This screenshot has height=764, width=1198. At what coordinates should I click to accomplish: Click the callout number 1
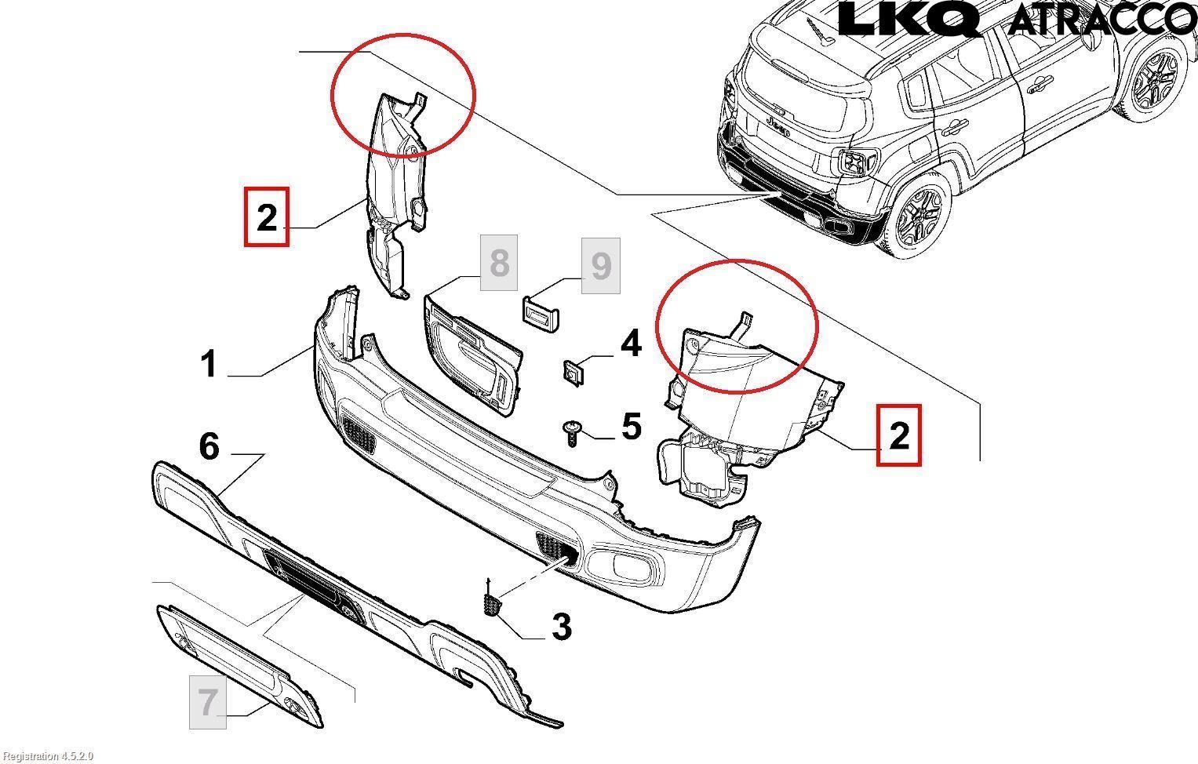[x=208, y=364]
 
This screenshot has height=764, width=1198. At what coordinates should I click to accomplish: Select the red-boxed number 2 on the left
[x=267, y=216]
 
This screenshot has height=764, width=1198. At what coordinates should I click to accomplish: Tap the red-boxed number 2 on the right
[x=898, y=435]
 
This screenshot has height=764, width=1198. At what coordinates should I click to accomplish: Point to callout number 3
[x=561, y=627]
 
